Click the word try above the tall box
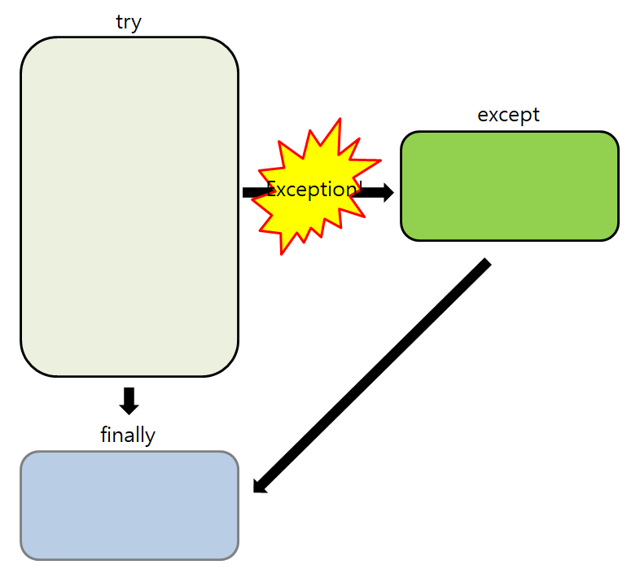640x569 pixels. (129, 22)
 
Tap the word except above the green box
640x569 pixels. (508, 115)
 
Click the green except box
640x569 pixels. (509, 186)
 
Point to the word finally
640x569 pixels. (128, 435)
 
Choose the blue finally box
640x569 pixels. (129, 506)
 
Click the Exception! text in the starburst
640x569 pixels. (313, 190)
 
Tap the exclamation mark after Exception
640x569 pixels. (359, 189)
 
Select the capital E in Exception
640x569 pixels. (272, 190)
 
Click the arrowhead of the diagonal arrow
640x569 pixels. (260, 487)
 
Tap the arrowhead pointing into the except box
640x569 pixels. (388, 193)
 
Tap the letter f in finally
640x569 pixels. (104, 435)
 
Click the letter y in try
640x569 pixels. (137, 24)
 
